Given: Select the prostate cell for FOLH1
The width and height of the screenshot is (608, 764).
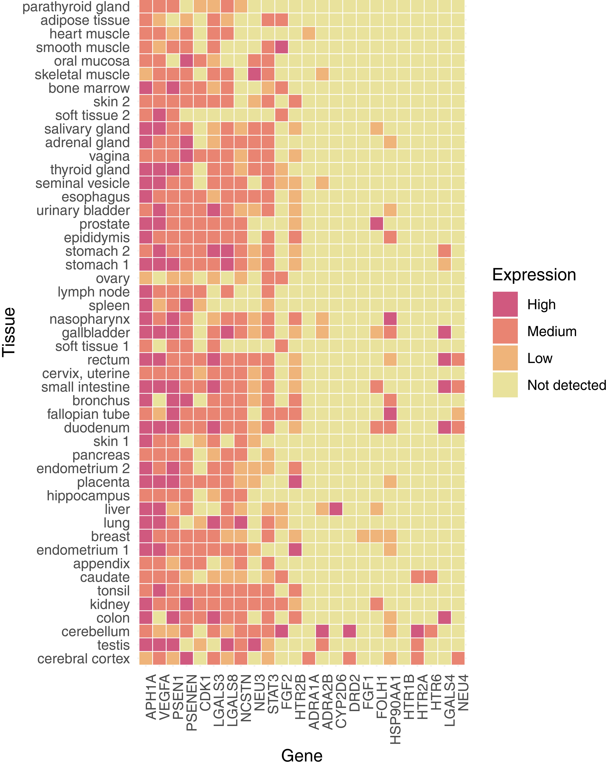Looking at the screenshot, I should [x=376, y=224].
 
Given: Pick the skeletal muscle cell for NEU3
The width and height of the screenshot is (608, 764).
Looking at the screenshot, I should [x=254, y=74].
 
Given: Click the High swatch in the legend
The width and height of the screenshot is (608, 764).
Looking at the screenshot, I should [x=505, y=304].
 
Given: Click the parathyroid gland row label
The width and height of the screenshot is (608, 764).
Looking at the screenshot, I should [x=76, y=7].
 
